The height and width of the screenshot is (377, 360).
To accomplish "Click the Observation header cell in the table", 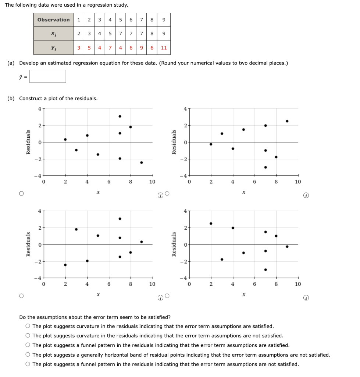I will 53,20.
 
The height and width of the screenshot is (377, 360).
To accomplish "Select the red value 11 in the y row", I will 164,48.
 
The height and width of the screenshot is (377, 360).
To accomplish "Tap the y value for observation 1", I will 79,48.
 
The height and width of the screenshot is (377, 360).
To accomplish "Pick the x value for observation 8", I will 152,34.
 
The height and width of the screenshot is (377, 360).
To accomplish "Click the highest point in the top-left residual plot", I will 120,116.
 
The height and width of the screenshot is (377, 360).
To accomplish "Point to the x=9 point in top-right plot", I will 287,121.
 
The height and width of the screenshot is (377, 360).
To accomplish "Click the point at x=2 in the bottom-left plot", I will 65,265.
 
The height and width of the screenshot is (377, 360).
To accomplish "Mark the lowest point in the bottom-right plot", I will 265,269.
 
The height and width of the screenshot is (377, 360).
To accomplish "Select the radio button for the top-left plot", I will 22,194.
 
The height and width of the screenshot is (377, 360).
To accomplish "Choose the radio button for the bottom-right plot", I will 167,296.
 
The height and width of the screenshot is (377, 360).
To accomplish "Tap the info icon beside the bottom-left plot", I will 160,298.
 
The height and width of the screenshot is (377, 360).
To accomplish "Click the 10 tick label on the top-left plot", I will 152,182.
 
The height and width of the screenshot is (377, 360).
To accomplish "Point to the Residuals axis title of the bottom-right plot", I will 174,244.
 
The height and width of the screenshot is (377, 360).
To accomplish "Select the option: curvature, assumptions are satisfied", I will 28,326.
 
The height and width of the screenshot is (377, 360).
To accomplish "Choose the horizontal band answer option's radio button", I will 28,355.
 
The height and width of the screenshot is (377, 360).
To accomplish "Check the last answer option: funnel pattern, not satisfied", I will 28,364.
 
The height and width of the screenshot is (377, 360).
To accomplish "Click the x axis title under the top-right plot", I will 243,192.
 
